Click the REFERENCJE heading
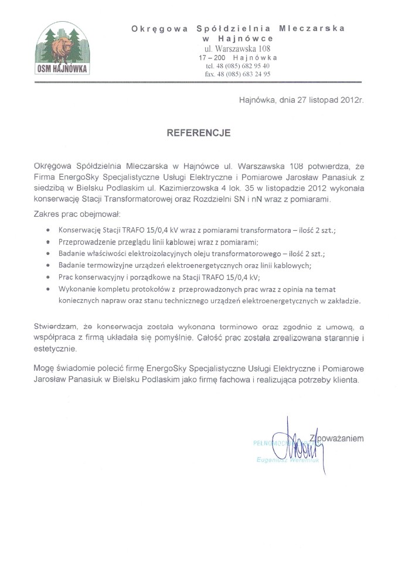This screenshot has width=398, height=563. [199, 133]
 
